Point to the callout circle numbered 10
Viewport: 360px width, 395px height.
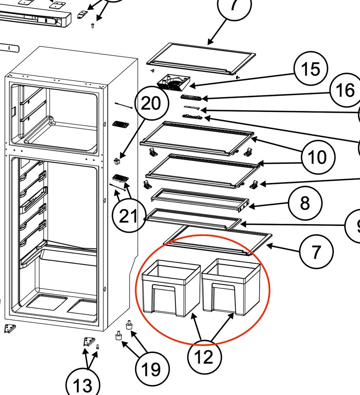pyautogui.click(x=318, y=157)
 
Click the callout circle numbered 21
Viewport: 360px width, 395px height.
pyautogui.click(x=129, y=216)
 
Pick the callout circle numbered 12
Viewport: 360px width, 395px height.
pyautogui.click(x=204, y=358)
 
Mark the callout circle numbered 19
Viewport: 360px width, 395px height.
pyautogui.click(x=151, y=369)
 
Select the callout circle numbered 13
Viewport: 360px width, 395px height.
pyautogui.click(x=83, y=385)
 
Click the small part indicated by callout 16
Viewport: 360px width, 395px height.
pyautogui.click(x=191, y=97)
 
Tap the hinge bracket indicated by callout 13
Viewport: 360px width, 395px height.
pyautogui.click(x=89, y=342)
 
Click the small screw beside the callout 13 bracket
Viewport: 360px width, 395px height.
pyautogui.click(x=98, y=347)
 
